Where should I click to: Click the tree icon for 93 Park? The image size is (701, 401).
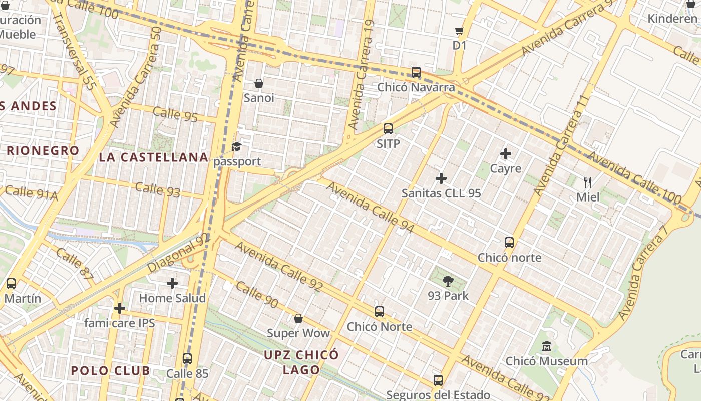click(448, 281)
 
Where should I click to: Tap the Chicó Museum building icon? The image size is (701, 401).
click(546, 346)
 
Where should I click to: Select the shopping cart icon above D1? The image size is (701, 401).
click(459, 31)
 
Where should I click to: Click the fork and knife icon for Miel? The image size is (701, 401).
click(588, 182)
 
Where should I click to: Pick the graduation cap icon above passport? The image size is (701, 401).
click(236, 147)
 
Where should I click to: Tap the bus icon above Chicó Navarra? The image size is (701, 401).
click(416, 72)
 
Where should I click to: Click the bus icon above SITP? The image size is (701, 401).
click(388, 129)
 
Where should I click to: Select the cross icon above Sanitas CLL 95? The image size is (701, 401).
click(441, 178)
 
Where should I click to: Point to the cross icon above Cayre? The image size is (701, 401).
click(506, 154)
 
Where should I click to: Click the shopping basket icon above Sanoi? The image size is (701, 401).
click(259, 83)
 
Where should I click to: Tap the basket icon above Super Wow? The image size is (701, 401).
click(298, 318)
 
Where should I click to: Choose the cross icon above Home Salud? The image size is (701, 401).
click(172, 283)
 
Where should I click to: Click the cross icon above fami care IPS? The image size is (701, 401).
click(119, 308)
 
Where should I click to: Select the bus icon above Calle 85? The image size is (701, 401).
click(187, 359)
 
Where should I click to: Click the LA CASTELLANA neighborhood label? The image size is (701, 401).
click(153, 157)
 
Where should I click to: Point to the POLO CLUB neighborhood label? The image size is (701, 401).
click(110, 371)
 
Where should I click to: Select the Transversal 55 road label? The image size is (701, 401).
click(74, 51)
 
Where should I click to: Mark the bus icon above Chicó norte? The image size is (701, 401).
click(509, 243)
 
